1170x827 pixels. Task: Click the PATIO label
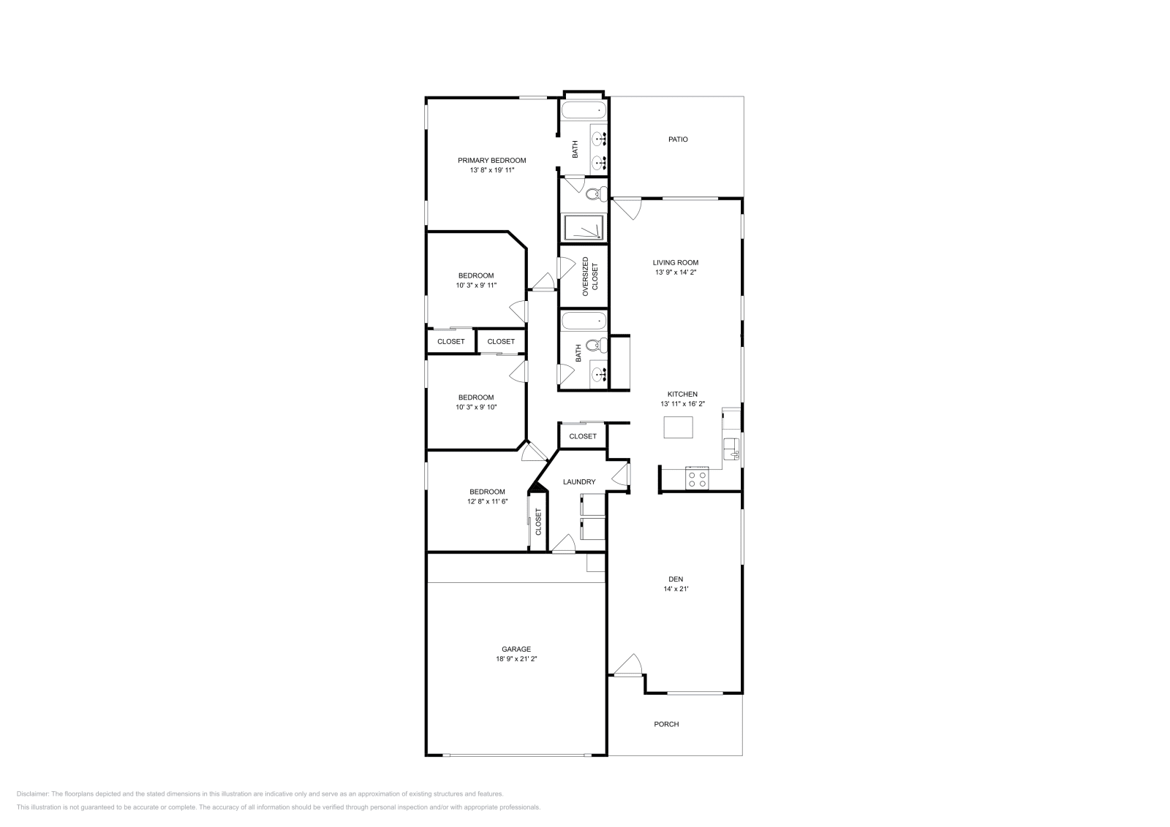click(x=678, y=139)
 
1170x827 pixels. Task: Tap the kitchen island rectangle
click(x=678, y=427)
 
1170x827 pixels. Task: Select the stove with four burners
click(x=697, y=479)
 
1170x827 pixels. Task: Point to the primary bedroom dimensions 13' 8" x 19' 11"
click(x=491, y=170)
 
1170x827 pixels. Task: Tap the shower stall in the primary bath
click(x=584, y=227)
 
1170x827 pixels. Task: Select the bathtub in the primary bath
click(x=584, y=111)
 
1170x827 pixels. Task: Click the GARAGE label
click(x=516, y=649)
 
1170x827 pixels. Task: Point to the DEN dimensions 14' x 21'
click(x=675, y=588)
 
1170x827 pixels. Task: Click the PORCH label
click(x=666, y=724)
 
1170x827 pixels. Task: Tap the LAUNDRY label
click(x=579, y=481)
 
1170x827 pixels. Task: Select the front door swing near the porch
click(x=627, y=665)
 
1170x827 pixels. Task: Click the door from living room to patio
click(x=626, y=208)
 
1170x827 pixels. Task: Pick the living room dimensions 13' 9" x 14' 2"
click(x=675, y=273)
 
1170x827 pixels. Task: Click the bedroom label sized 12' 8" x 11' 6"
click(x=487, y=492)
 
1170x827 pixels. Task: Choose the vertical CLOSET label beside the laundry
click(x=539, y=522)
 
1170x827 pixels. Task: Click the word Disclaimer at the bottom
click(x=32, y=793)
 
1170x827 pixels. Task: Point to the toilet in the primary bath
click(x=595, y=193)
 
